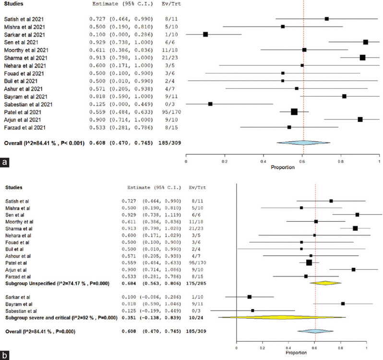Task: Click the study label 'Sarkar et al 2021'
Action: click(25, 35)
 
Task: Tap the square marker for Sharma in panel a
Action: click(362, 58)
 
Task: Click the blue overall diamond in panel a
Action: click(303, 143)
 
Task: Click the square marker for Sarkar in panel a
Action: click(205, 35)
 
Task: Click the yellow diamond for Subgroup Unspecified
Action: click(325, 283)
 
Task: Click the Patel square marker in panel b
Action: click(309, 263)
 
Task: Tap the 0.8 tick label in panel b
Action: click(340, 348)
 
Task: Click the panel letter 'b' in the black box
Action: click(5, 355)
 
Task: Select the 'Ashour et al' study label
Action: click(20, 256)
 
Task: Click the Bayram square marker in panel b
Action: click(343, 303)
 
